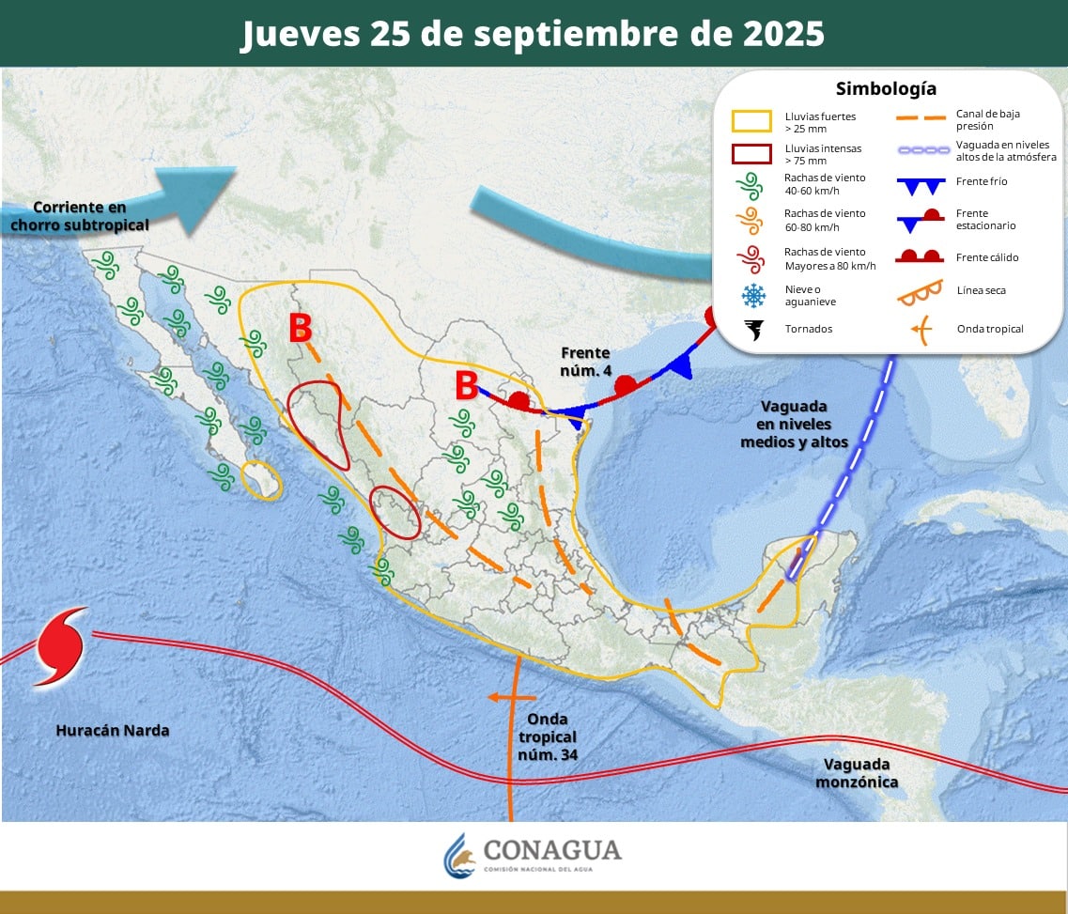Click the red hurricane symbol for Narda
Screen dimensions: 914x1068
59,646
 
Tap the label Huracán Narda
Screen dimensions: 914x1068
113,730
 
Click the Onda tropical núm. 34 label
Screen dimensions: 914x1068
547,738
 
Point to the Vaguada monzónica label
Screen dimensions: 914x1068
857,773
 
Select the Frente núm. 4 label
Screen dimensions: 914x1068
586,362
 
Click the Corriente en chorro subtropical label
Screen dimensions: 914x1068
79,216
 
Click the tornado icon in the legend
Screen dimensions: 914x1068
753,329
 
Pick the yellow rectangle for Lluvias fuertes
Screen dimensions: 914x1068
751,121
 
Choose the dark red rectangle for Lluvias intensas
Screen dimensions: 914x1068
751,154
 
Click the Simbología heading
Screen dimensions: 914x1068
886,89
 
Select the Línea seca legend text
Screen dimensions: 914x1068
982,290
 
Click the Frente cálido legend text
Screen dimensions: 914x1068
987,257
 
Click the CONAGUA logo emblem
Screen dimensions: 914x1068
459,854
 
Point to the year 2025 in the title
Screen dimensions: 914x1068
776,34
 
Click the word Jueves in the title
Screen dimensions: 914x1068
298,34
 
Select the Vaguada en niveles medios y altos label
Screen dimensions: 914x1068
794,424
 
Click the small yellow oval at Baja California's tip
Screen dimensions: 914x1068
261,479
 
